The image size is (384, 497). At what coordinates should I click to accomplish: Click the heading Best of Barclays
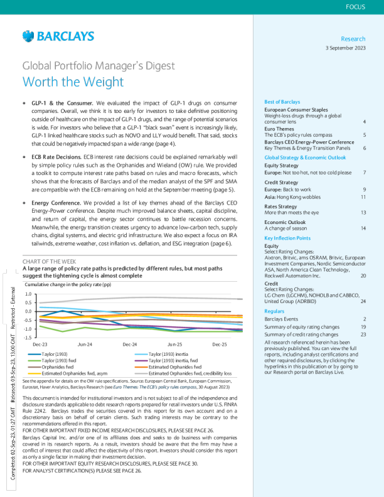[x=282, y=102]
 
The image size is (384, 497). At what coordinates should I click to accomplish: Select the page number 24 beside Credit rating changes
[x=363, y=301]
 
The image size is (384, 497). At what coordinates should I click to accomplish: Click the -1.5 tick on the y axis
[x=28, y=338]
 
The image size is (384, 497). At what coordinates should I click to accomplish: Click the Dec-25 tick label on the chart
[x=220, y=345]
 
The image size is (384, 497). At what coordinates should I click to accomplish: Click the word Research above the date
[x=353, y=39]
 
